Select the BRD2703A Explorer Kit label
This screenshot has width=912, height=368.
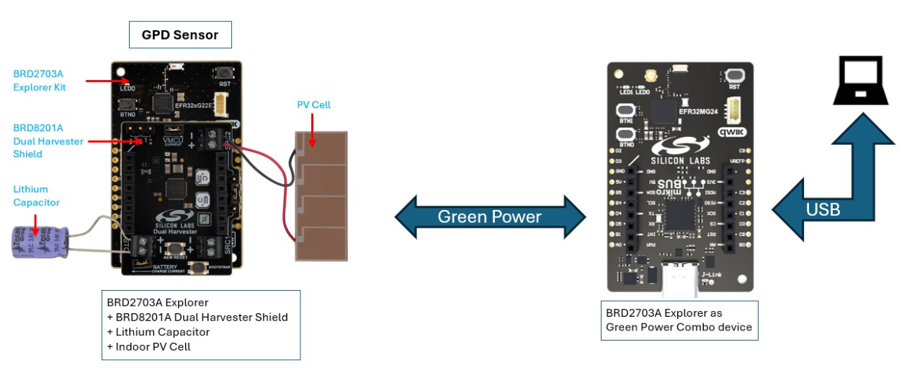[x=40, y=80]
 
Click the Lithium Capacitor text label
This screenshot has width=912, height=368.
[x=36, y=196]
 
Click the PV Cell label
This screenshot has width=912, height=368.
[x=313, y=105]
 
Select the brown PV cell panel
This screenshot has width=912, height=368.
[x=321, y=196]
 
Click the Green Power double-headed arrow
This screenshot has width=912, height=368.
[x=490, y=216]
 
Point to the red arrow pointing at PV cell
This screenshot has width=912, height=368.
[x=311, y=128]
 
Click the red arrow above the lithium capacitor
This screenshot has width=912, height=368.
[x=33, y=217]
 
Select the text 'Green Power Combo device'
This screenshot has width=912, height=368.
[x=679, y=327]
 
